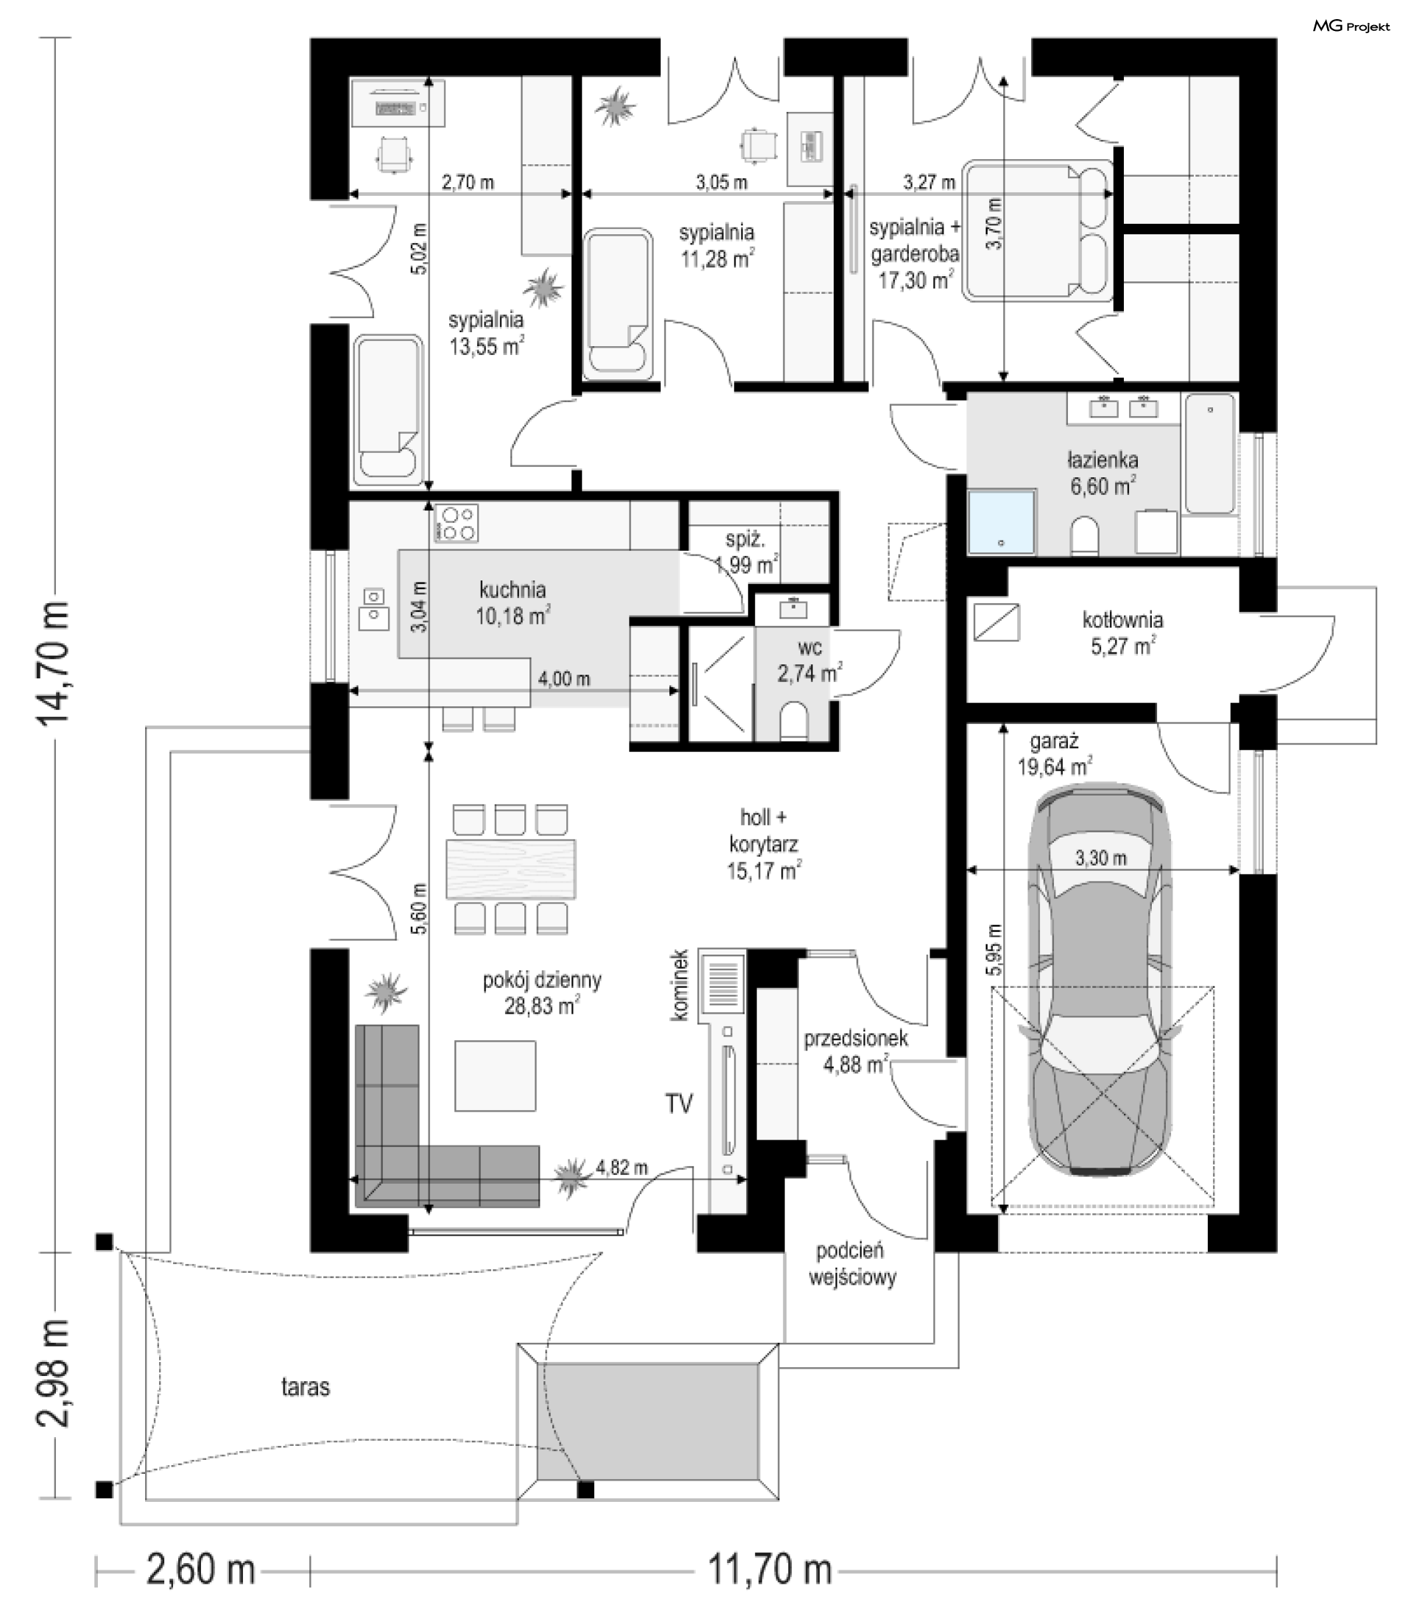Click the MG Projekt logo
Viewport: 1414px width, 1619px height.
1351,26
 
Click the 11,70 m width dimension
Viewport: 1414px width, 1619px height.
770,1570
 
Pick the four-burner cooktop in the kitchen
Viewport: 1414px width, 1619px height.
456,523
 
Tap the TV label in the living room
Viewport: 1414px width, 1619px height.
678,1103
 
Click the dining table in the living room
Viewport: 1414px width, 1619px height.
510,868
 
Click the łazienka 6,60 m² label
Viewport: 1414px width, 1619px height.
1102,473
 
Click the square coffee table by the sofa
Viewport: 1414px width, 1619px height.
495,1075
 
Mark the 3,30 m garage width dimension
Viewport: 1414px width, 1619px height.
1101,857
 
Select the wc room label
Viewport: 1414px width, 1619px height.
810,647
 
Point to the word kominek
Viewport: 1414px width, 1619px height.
681,986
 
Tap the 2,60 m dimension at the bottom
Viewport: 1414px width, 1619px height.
201,1570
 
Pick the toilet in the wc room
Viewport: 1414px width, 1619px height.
793,721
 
